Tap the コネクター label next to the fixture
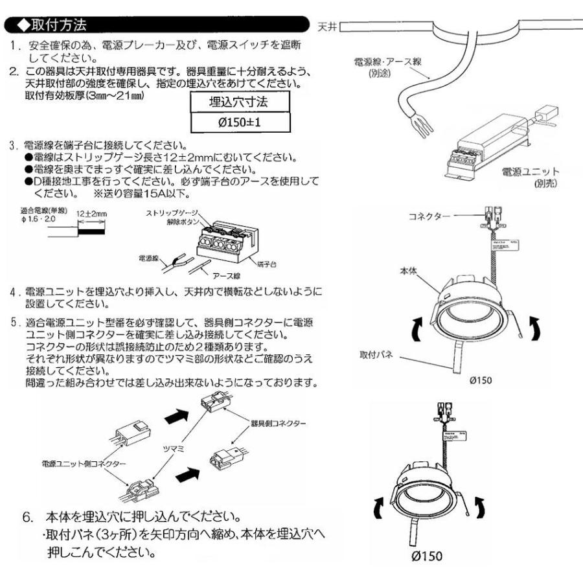pos(429,215)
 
